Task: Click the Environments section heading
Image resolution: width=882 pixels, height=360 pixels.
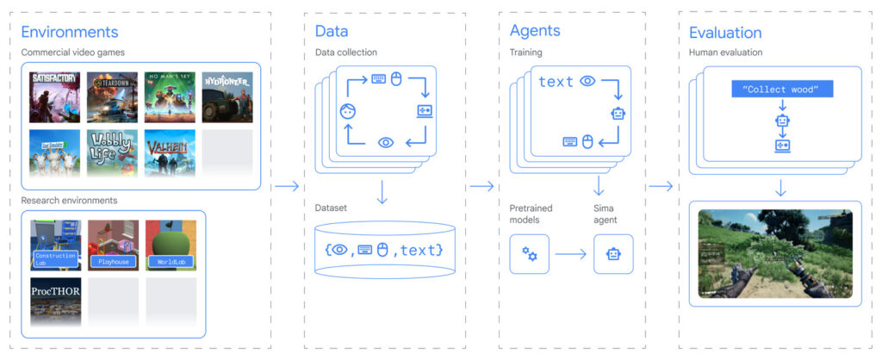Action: [69, 33]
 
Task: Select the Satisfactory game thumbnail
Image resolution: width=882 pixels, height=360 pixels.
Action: [55, 96]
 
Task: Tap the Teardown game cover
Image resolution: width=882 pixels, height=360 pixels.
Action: [112, 96]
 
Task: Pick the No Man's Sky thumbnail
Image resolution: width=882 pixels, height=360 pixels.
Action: [170, 96]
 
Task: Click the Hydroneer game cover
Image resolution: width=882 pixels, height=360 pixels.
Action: [227, 96]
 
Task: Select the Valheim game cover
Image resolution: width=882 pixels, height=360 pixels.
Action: [170, 153]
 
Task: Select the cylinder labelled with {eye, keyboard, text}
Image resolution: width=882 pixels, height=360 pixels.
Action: [385, 249]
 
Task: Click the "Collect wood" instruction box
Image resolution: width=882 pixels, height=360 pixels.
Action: [782, 90]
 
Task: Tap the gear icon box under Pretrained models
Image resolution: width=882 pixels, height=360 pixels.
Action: [529, 254]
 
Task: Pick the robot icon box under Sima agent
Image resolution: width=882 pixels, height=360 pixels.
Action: [613, 254]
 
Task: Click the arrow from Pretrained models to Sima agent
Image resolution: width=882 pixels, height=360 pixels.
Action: [570, 254]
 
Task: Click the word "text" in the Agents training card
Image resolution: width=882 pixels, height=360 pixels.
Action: [556, 82]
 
